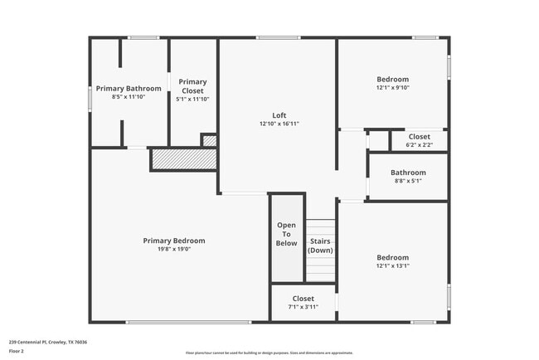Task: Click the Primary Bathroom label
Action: point(128,88)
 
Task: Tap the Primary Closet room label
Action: point(192,85)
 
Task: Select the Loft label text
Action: point(279,114)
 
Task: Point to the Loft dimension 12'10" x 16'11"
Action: point(279,124)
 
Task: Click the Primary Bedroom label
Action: point(174,241)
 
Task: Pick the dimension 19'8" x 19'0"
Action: point(174,250)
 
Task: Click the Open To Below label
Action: point(286,234)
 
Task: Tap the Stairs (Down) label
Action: point(321,246)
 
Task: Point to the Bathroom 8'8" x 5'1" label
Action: point(408,176)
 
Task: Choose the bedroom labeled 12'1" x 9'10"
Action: point(392,82)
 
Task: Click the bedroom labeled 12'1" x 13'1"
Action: point(392,261)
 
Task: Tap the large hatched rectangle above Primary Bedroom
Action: point(182,158)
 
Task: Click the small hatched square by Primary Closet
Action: point(210,141)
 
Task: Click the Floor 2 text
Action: point(17,351)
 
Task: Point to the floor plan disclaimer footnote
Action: point(269,353)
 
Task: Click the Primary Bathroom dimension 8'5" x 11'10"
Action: point(128,98)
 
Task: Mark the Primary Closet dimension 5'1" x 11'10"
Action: point(192,99)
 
